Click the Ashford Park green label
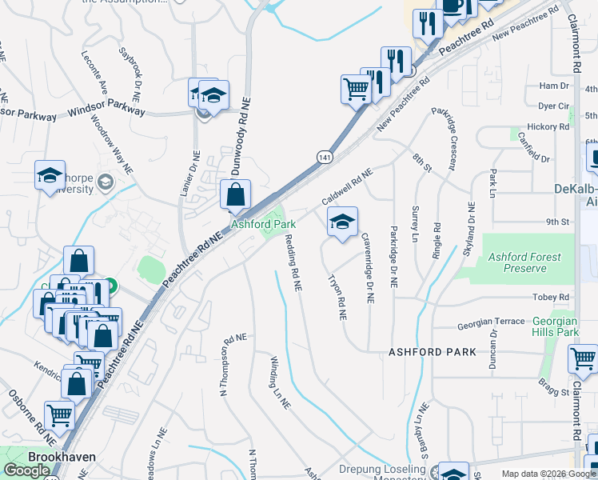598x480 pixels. (x=264, y=225)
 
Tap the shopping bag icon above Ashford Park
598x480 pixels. (x=236, y=195)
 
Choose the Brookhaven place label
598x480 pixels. (x=62, y=457)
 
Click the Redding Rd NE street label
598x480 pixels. (x=293, y=262)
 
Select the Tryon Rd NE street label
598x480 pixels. (x=337, y=298)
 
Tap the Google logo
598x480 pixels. (x=26, y=470)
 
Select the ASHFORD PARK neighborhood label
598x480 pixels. (x=433, y=352)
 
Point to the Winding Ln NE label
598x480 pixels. (x=279, y=382)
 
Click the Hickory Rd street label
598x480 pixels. (x=548, y=126)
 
